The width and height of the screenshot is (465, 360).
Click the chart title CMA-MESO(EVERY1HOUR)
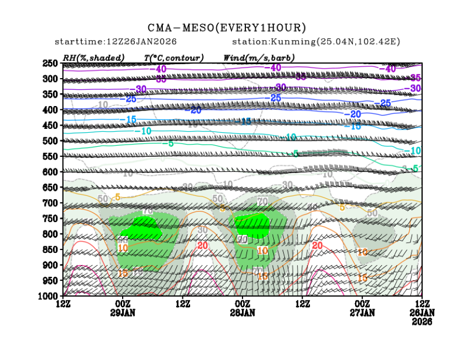tap(227, 27)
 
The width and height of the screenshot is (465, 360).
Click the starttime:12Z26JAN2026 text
tap(116, 42)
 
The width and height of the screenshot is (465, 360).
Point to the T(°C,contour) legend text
tap(173, 57)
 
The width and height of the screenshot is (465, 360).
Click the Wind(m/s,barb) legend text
tap(259, 57)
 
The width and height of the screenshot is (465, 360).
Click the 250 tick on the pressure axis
tap(51, 63)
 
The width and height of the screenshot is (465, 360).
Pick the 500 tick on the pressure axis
tap(51, 141)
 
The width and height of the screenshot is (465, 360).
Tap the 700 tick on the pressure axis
tap(51, 203)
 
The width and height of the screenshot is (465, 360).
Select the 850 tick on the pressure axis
tap(51, 249)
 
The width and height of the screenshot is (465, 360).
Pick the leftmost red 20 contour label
tap(202, 246)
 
